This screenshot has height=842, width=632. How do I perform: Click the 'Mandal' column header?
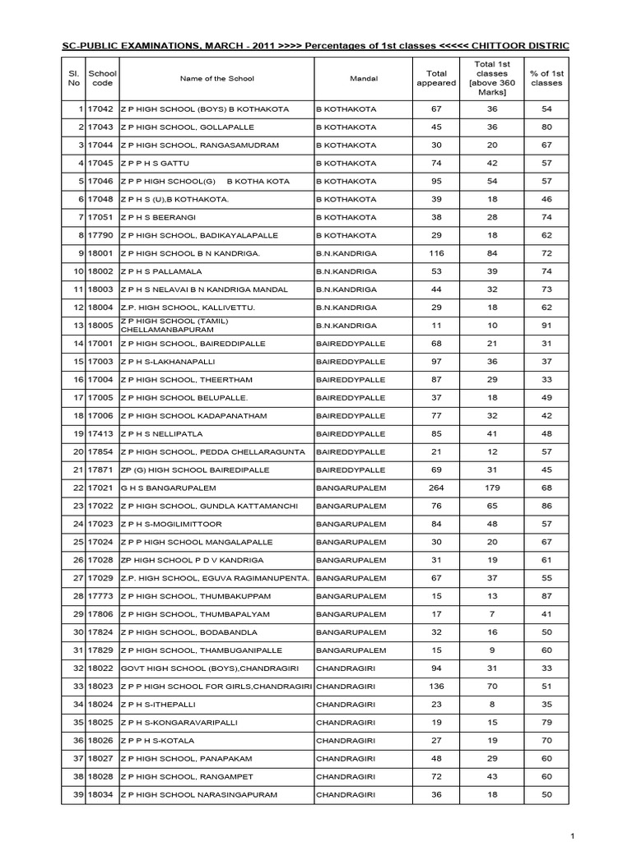point(363,79)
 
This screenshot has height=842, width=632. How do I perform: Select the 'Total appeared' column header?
point(435,79)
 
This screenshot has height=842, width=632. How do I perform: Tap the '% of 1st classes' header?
point(546,79)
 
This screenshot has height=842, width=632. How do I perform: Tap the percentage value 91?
point(546,325)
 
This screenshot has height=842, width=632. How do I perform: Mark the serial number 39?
point(79,794)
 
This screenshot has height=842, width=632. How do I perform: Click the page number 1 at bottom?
point(614,833)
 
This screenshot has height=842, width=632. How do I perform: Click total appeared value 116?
point(436,253)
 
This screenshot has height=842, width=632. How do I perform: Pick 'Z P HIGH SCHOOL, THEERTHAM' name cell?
point(181,379)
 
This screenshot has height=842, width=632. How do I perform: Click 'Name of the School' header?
point(217,79)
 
